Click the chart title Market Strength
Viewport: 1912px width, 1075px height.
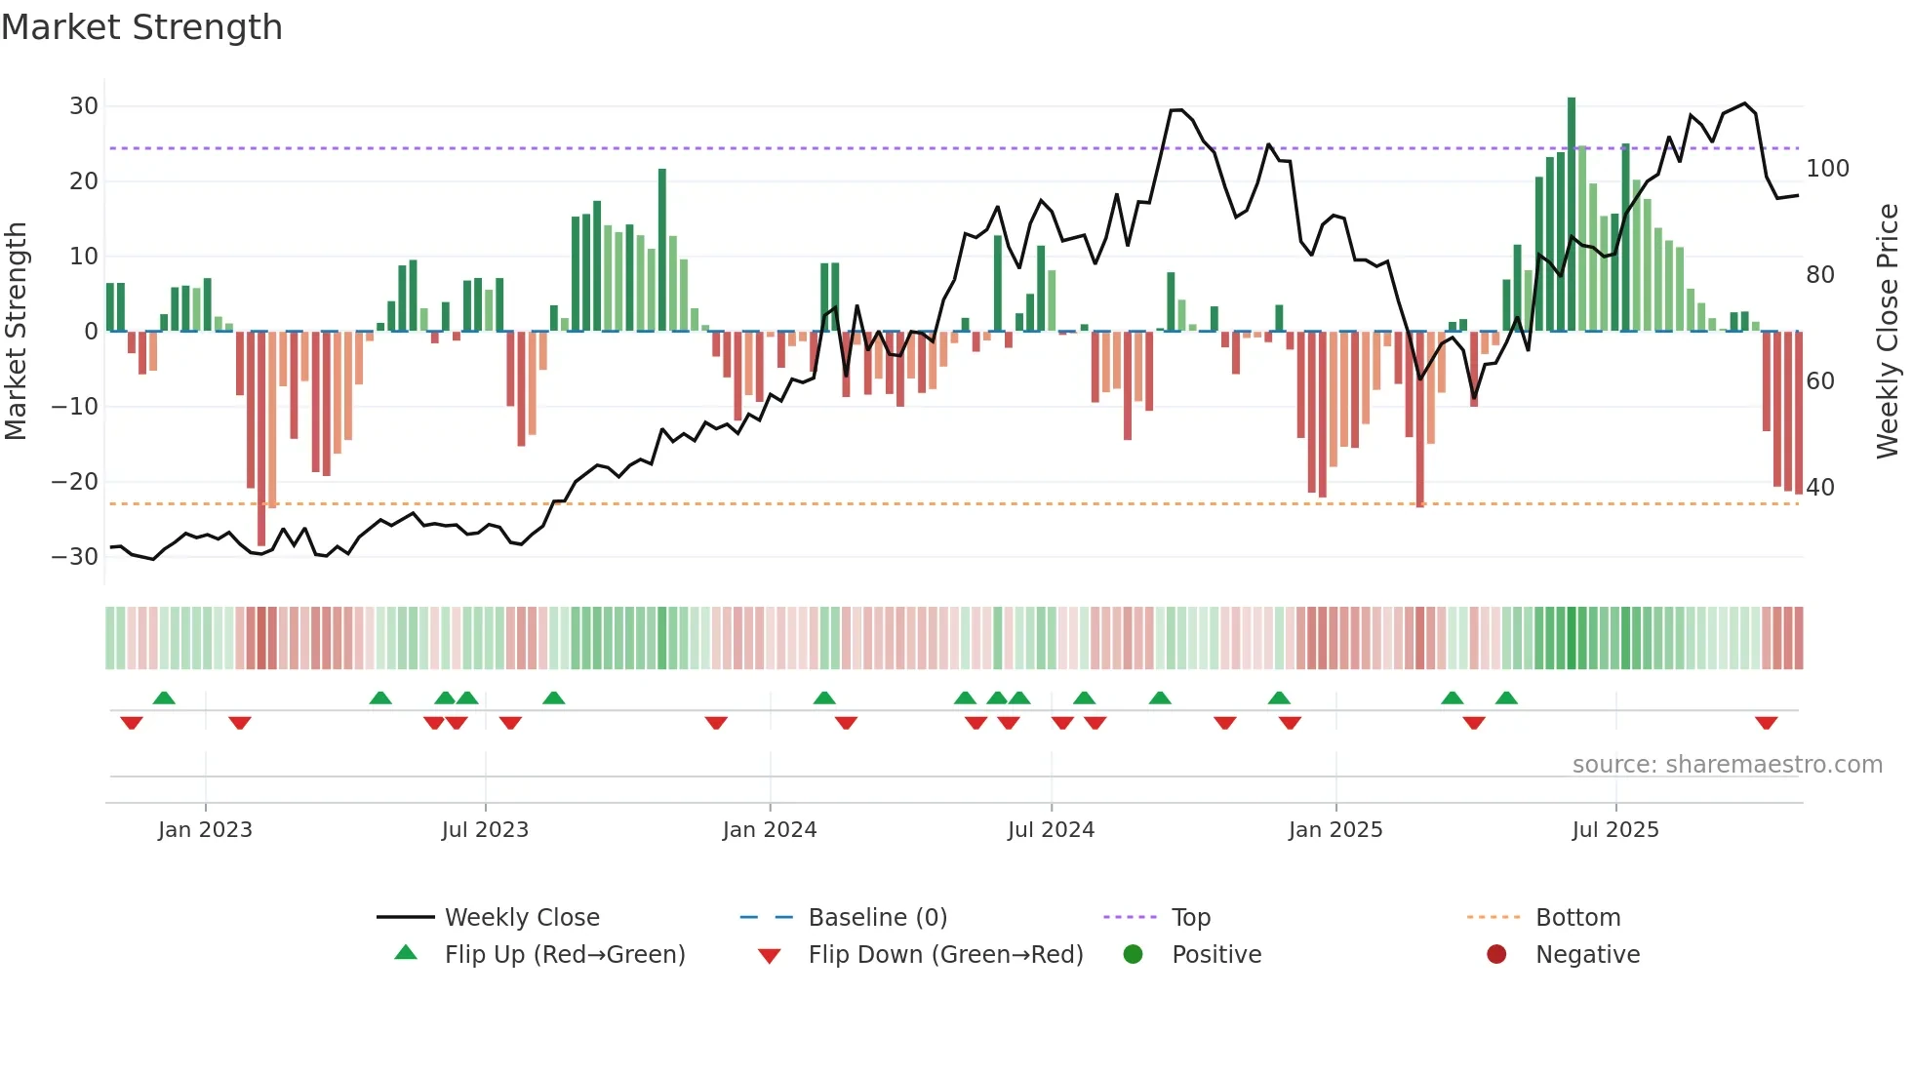tap(141, 27)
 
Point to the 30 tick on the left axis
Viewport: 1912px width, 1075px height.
tap(84, 106)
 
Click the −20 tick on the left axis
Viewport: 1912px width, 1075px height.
tap(75, 482)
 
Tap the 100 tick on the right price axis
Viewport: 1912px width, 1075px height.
tap(1827, 169)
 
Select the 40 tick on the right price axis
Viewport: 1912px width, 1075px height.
tap(1820, 487)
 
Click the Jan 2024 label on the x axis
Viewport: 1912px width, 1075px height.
tap(770, 830)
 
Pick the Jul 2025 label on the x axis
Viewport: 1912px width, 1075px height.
tap(1615, 830)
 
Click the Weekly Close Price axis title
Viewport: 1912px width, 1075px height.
tap(1888, 332)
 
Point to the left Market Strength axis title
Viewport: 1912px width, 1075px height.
tap(16, 332)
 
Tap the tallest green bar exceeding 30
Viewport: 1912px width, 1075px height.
tap(1572, 215)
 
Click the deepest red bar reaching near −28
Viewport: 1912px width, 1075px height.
tap(261, 439)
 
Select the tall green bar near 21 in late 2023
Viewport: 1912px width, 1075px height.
tap(662, 250)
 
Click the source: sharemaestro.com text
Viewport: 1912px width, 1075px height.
tap(1727, 765)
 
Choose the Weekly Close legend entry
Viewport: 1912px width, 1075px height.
tap(522, 918)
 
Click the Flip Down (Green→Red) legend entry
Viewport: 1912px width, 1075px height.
tap(945, 955)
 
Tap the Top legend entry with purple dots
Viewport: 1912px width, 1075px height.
tap(1190, 918)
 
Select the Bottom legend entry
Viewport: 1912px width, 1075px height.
tap(1577, 918)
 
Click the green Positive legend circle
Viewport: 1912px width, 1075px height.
tap(1133, 955)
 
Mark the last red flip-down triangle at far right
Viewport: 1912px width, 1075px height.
tap(1766, 723)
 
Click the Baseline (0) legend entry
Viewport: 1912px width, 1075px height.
tap(877, 918)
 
